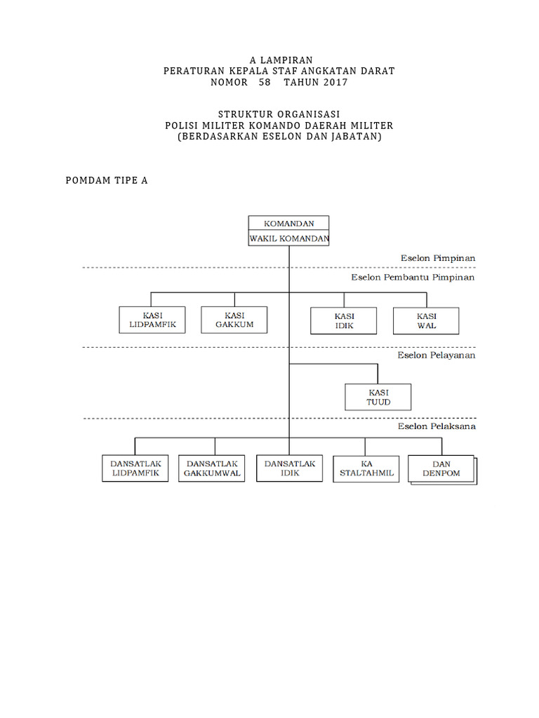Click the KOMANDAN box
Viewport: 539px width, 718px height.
pyautogui.click(x=288, y=224)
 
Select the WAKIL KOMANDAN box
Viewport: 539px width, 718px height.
pyautogui.click(x=288, y=238)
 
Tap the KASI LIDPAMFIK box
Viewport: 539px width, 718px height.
pyautogui.click(x=152, y=320)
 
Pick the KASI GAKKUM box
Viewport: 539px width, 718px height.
pyautogui.click(x=234, y=320)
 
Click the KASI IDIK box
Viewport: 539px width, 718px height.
pyautogui.click(x=344, y=320)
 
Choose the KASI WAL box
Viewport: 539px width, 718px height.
pyautogui.click(x=426, y=320)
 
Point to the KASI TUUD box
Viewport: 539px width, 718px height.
pyautogui.click(x=378, y=397)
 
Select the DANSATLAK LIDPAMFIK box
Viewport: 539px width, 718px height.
pyautogui.click(x=135, y=468)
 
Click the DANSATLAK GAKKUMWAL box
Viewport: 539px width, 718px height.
pyautogui.click(x=212, y=468)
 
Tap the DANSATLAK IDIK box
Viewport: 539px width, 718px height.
pyautogui.click(x=290, y=468)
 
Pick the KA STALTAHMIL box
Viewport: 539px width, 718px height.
pyautogui.click(x=366, y=468)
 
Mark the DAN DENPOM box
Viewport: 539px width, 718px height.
pyautogui.click(x=441, y=469)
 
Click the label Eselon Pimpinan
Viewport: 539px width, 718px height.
pyautogui.click(x=439, y=258)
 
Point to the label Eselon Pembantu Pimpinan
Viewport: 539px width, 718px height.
pyautogui.click(x=413, y=278)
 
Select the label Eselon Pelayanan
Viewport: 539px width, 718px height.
pyautogui.click(x=437, y=355)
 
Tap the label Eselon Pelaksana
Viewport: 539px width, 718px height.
pyautogui.click(x=437, y=426)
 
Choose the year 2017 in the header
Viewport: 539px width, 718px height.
pyautogui.click(x=335, y=82)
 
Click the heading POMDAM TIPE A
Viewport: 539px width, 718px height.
pyautogui.click(x=107, y=180)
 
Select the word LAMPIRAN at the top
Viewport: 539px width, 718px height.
pyautogui.click(x=285, y=60)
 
